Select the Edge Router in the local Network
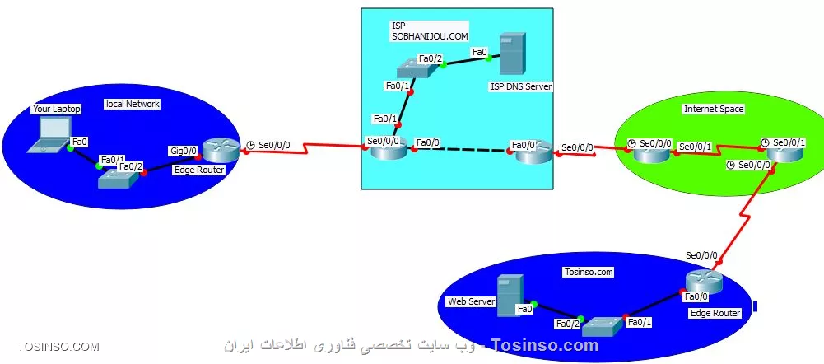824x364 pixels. [220, 150]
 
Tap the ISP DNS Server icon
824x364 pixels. [512, 55]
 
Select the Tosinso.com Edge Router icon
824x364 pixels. [704, 283]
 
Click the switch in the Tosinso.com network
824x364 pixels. [602, 325]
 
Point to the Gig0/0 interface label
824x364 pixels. [183, 151]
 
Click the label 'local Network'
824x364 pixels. [133, 104]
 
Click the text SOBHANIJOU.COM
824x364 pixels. [429, 37]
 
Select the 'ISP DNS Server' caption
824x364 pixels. [521, 86]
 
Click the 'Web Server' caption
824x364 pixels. [471, 301]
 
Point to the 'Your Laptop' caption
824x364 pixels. [57, 109]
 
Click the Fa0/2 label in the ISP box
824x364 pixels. [431, 58]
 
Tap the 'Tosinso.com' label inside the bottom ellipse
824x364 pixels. [589, 272]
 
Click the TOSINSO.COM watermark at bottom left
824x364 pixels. [58, 347]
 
